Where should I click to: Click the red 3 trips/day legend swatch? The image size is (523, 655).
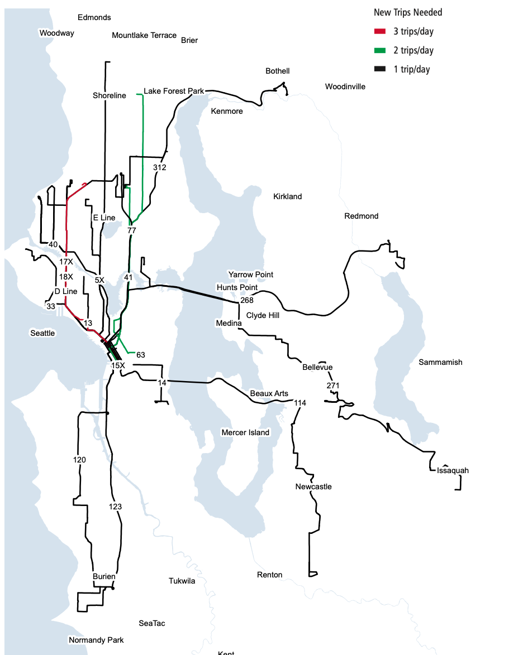[x=381, y=31]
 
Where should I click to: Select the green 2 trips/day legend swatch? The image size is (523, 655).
[x=381, y=50]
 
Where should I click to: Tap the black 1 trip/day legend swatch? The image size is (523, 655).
[x=381, y=69]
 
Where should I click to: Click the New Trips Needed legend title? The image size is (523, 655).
[x=408, y=12]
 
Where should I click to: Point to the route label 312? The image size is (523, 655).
[x=160, y=167]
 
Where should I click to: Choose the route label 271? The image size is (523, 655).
[x=333, y=386]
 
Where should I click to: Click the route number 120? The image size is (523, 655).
[x=79, y=460]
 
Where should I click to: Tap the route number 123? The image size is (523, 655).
[x=115, y=507]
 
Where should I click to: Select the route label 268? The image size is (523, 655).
[x=246, y=300]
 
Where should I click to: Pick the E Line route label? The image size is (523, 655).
[x=104, y=218]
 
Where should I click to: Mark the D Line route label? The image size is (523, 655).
[x=66, y=291]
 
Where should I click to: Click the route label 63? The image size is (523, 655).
[x=140, y=355]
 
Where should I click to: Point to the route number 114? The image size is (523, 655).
[x=300, y=403]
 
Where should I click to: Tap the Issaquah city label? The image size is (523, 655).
[x=453, y=470]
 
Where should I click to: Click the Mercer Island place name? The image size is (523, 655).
[x=245, y=432]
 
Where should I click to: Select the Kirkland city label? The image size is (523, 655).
[x=287, y=196]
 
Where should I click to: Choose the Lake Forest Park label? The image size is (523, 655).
[x=174, y=90]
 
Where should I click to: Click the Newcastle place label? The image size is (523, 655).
[x=313, y=487]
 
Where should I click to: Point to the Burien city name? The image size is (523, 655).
[x=104, y=576]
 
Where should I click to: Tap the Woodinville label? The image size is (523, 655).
[x=345, y=86]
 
